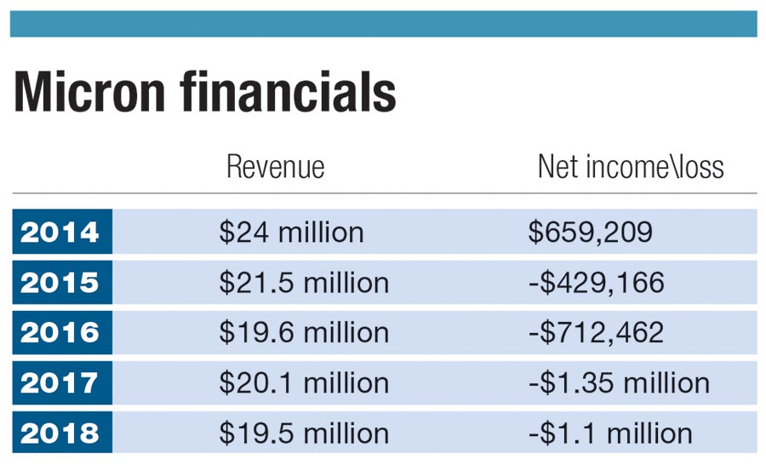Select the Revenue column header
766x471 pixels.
coord(275,167)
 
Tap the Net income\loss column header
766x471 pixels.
coord(631,167)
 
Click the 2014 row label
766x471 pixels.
coord(61,232)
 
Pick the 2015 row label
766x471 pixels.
coord(61,282)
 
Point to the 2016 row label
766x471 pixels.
coord(61,332)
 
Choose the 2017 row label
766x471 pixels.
coord(61,382)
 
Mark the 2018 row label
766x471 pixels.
coord(61,433)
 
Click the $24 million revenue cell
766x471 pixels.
coord(291,232)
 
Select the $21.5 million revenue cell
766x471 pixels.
coord(304,282)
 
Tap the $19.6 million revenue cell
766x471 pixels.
coord(304,332)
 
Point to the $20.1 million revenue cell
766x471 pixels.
coord(304,382)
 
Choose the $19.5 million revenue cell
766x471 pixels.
coord(304,433)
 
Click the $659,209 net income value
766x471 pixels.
coord(591,232)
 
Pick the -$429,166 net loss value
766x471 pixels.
coord(596,282)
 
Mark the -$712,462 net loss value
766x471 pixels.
coord(596,332)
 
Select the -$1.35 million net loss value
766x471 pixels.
coord(619,382)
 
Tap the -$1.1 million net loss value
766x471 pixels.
coord(610,433)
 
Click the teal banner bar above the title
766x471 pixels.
coord(383,24)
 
